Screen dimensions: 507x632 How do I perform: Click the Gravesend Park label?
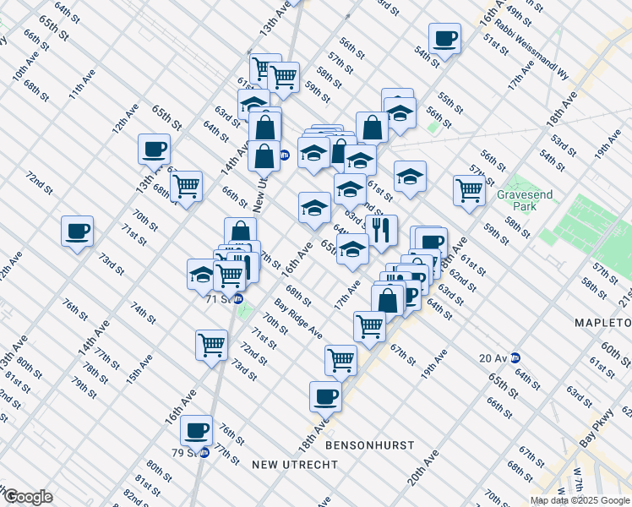point(525,200)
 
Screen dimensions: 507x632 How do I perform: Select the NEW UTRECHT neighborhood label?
point(294,465)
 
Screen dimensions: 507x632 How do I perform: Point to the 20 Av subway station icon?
point(514,357)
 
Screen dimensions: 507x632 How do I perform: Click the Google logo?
point(27,497)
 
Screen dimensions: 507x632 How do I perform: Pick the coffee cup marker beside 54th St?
point(444,38)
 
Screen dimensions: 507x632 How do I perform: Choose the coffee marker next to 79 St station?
point(197,429)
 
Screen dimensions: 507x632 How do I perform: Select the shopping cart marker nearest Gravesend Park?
point(468,189)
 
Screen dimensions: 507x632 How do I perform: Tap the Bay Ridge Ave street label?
point(297,319)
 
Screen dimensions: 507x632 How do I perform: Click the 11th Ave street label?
point(82,84)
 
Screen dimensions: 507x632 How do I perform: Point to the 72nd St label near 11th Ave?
point(40,191)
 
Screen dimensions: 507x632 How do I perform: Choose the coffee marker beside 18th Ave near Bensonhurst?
point(325,395)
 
